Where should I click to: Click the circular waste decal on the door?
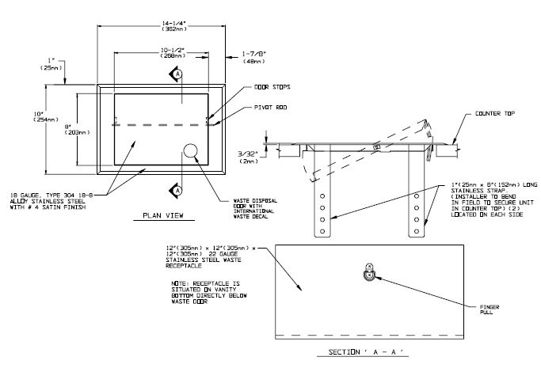(x=191, y=151)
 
